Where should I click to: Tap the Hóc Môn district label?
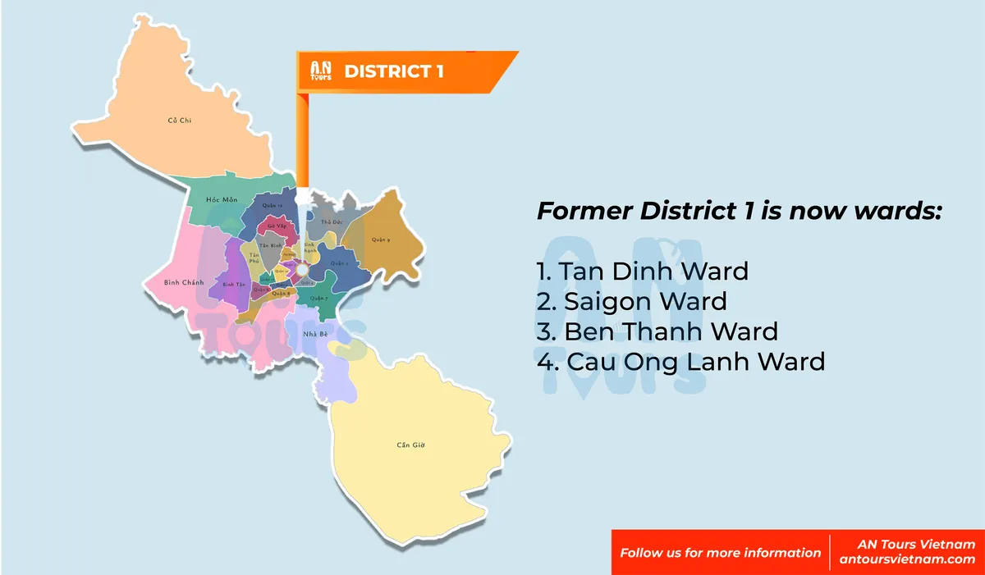click(222, 200)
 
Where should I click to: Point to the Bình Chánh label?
click(183, 282)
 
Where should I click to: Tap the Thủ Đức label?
click(331, 222)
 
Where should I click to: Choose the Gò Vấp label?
click(276, 226)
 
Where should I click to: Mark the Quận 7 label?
click(319, 298)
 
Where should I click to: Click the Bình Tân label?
click(234, 285)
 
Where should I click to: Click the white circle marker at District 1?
click(302, 269)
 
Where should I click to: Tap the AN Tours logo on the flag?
click(320, 71)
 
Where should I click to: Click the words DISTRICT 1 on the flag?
click(394, 71)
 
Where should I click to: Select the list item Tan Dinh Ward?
click(642, 270)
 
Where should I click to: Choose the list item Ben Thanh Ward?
click(657, 331)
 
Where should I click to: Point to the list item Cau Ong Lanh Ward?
click(680, 361)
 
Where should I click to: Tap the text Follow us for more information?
click(720, 552)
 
